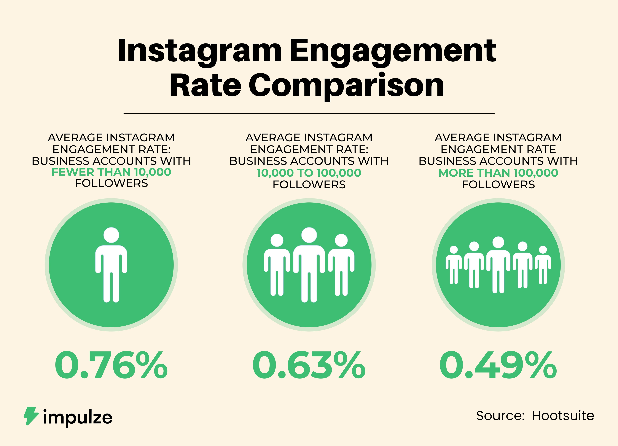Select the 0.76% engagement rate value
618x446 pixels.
click(111, 365)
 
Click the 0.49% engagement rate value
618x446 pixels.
click(498, 365)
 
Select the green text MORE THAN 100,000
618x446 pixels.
click(498, 173)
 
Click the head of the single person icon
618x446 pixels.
click(111, 235)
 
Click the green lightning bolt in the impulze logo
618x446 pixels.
click(30, 416)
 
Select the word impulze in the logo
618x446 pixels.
click(78, 417)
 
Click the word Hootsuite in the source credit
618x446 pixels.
click(563, 416)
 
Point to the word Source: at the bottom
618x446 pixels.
click(500, 416)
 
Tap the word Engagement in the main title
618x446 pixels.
click(392, 51)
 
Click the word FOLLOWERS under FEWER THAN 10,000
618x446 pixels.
click(111, 183)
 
